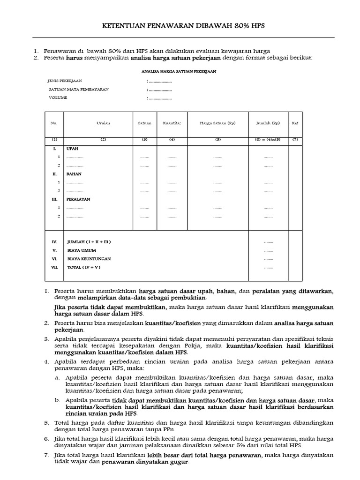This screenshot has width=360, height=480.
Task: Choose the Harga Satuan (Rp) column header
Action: tap(217, 123)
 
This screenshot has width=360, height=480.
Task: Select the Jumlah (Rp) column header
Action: tap(268, 123)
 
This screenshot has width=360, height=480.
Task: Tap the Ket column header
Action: tap(295, 123)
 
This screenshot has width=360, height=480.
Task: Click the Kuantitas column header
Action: tap(172, 123)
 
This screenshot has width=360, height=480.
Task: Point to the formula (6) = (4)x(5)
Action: tap(268, 140)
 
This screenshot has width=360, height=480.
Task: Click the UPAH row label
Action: tap(72, 148)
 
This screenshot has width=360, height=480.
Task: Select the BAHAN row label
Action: tap(74, 173)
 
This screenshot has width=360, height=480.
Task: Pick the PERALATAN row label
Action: tap(78, 199)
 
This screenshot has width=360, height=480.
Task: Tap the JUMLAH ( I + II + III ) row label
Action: tap(89, 242)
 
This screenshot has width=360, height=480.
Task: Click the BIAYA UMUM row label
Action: tap(79, 250)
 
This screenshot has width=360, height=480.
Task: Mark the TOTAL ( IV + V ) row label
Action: tap(83, 267)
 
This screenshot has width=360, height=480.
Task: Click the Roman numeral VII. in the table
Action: tap(54, 267)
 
